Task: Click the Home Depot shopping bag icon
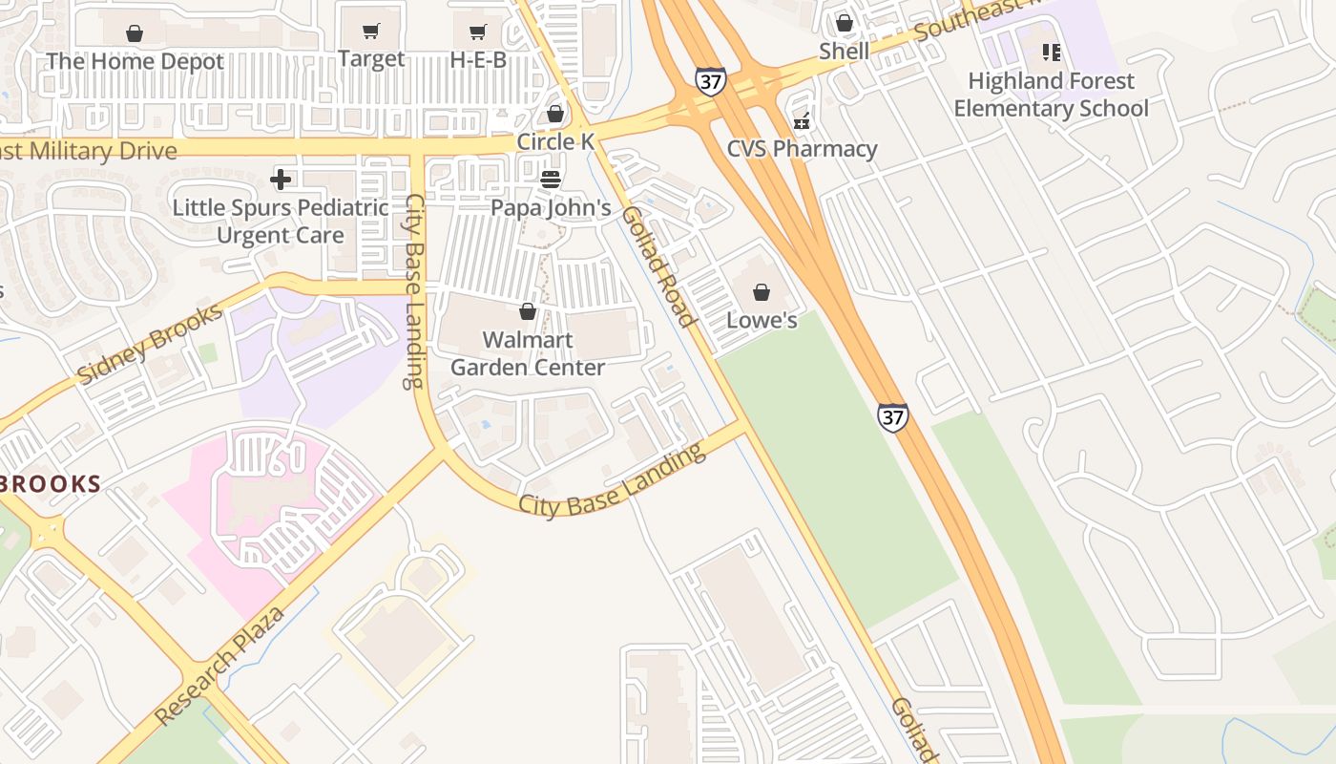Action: (135, 33)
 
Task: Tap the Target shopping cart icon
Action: (371, 32)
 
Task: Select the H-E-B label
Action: (478, 60)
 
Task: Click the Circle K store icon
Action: (555, 115)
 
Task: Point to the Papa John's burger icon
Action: (551, 179)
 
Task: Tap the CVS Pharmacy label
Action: (802, 149)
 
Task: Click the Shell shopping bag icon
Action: (845, 22)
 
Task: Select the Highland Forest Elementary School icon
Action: (1051, 53)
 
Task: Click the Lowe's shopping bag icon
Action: (762, 292)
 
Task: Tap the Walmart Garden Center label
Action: (528, 353)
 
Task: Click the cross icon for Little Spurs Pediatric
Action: (281, 179)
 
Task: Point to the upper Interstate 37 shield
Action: (709, 81)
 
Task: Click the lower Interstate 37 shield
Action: (892, 416)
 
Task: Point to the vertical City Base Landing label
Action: (414, 291)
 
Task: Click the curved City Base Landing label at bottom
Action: (612, 481)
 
